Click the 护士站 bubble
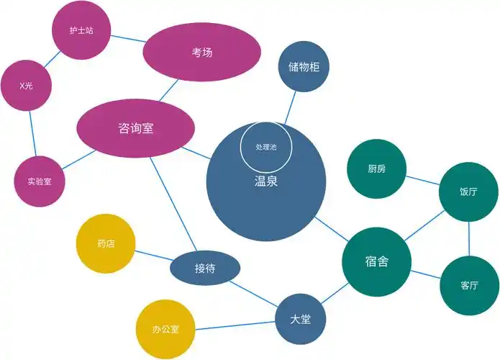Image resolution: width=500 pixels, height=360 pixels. pos(81,31)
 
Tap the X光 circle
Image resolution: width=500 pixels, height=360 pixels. pos(26,86)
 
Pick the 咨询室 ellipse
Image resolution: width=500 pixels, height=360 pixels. pos(135,129)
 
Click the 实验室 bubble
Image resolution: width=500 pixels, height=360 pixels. pos(35,181)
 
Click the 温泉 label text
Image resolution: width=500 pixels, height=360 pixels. pos(265,182)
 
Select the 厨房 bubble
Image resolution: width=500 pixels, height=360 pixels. pos(376,169)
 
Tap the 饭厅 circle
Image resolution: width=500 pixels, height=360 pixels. pos(468,192)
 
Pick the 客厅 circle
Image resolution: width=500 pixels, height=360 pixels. pos(468,285)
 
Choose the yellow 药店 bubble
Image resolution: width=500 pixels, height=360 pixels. pos(106,244)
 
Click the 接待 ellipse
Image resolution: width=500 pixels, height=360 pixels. pos(204,269)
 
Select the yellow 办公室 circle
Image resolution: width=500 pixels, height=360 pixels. pos(165,330)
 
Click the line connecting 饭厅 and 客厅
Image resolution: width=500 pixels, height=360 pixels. pos(469,238)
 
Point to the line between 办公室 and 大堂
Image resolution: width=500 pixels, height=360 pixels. pos(234,325)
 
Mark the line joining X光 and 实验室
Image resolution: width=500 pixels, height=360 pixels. pos(31,133)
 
